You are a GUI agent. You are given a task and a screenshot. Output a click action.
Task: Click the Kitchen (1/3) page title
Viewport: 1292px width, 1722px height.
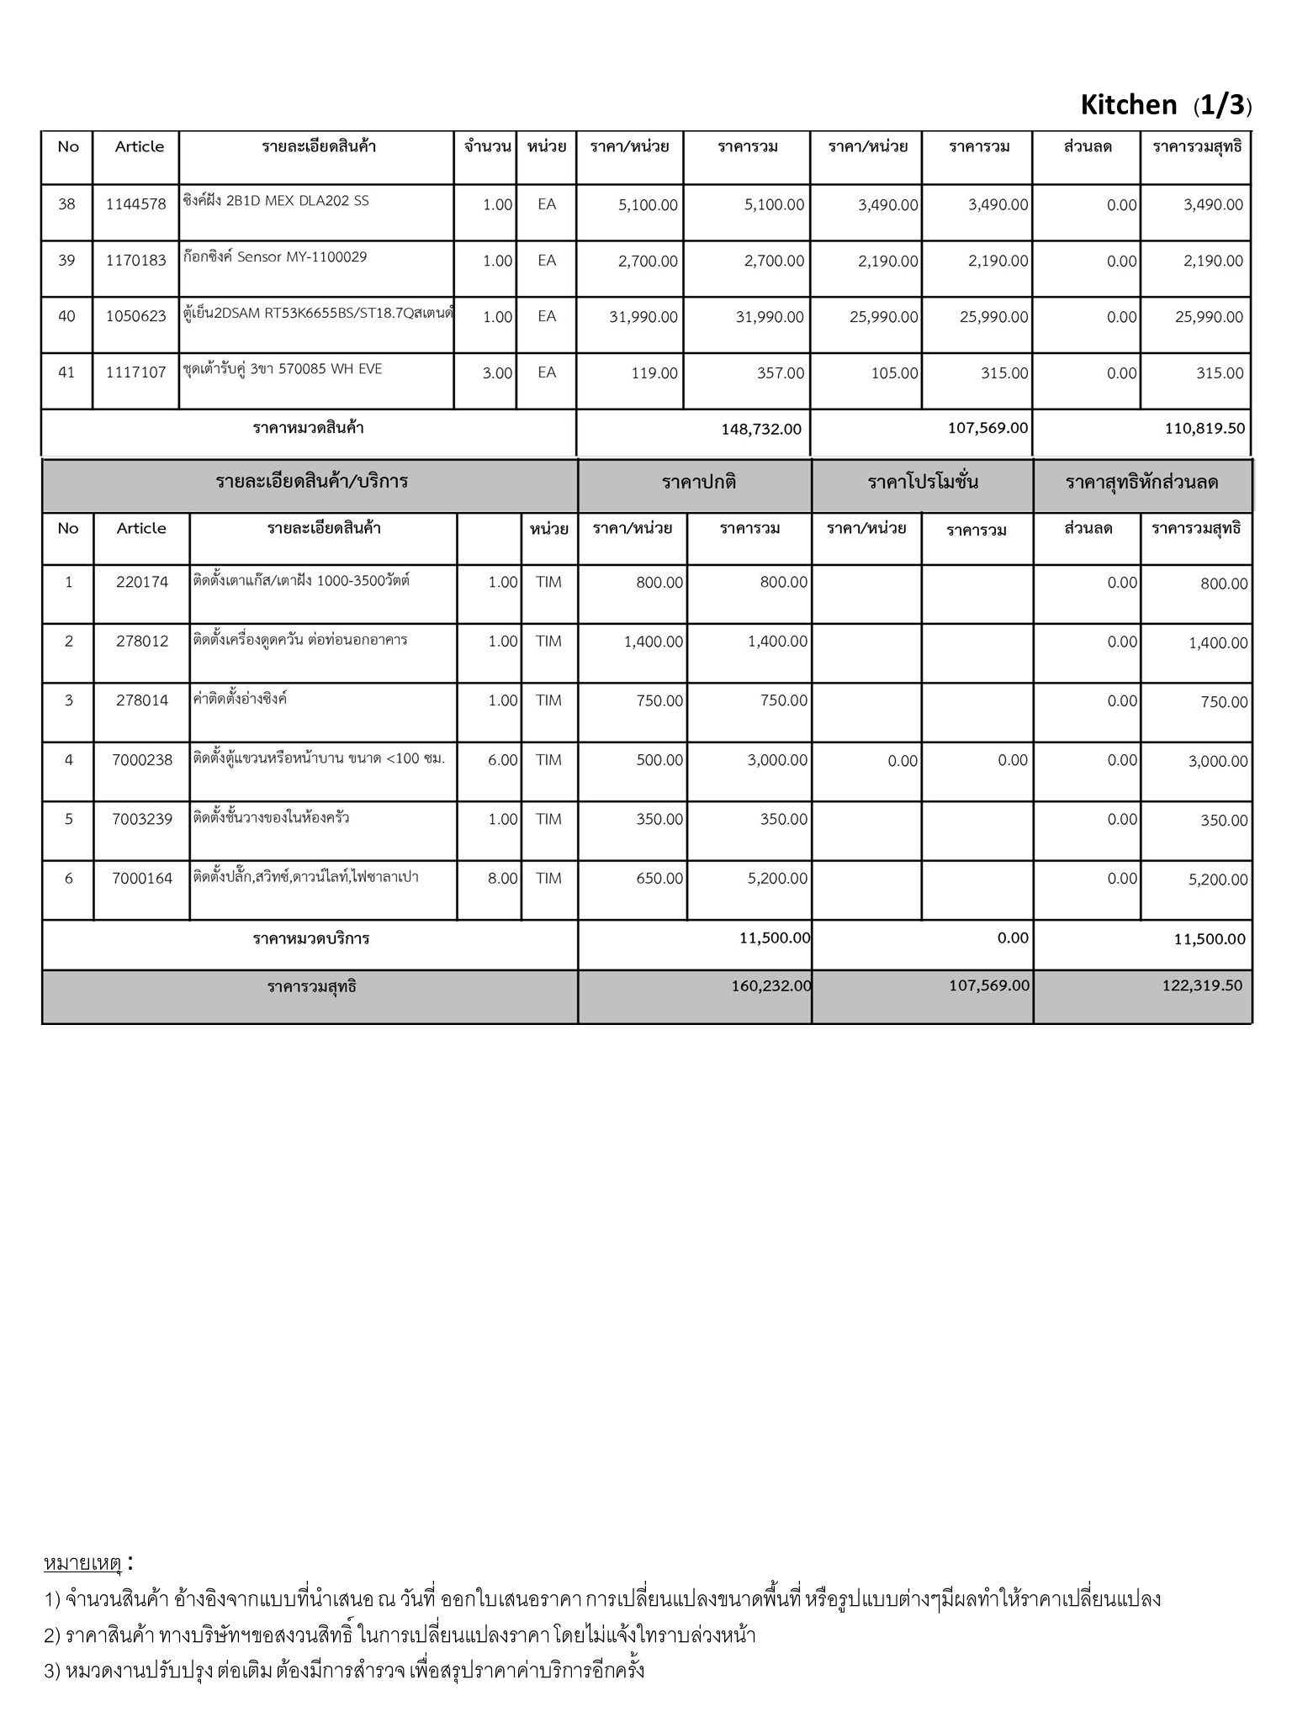pos(1165,105)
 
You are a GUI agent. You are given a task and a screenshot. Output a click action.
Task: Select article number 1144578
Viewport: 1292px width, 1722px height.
pos(135,204)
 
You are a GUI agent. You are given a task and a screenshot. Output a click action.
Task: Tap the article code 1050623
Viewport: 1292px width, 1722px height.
pos(135,317)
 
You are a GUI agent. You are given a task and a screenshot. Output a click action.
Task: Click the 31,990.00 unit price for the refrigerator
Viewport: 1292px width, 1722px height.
pos(643,317)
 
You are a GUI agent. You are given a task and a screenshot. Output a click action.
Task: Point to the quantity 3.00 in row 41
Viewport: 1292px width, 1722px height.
pos(497,373)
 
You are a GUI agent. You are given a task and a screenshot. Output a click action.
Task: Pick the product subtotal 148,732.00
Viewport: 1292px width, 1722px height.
pos(760,429)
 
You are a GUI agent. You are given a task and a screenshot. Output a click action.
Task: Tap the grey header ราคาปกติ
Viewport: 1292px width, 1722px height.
pos(699,483)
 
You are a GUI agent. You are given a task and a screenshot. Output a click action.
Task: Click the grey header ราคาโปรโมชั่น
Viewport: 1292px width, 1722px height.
pos(923,483)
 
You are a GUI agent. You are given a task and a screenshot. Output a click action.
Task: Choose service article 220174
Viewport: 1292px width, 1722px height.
pos(141,582)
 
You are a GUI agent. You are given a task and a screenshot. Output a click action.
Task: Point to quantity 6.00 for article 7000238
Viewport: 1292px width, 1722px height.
pos(502,760)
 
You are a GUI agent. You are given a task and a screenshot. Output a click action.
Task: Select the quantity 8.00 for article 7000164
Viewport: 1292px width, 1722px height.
pos(502,879)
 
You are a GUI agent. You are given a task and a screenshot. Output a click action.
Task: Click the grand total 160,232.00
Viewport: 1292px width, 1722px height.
pos(771,985)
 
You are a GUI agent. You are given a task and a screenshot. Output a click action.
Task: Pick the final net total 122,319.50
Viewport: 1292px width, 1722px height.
pos(1202,985)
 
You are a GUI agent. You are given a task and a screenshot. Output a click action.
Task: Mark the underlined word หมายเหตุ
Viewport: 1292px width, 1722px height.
pos(82,1564)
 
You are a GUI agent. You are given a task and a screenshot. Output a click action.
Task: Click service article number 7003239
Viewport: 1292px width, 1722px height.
pos(141,820)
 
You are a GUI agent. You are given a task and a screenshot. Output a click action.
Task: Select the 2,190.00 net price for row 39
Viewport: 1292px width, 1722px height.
pos(1213,261)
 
